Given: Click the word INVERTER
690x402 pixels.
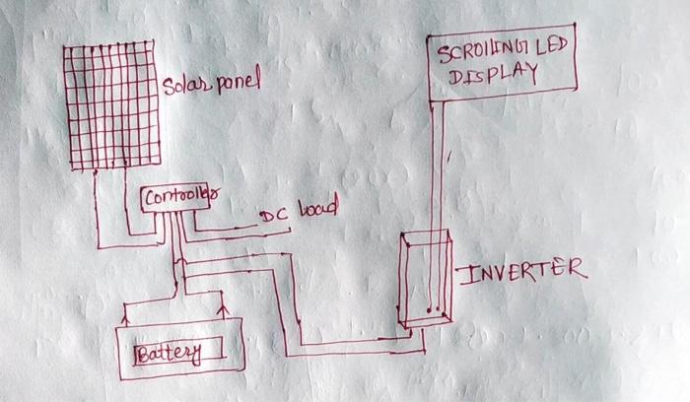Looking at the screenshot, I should (x=522, y=270).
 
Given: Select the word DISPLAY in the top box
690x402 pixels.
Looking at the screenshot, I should (x=494, y=76).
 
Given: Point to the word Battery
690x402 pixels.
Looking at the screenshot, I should (x=168, y=353).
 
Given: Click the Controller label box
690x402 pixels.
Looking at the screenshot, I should (x=178, y=198).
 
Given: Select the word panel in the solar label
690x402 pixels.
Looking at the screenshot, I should (x=238, y=81).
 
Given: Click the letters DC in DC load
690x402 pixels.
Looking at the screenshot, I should (x=272, y=216).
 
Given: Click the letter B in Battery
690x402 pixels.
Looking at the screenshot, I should (x=144, y=352).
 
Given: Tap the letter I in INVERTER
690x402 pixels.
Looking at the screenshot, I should (x=467, y=271).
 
